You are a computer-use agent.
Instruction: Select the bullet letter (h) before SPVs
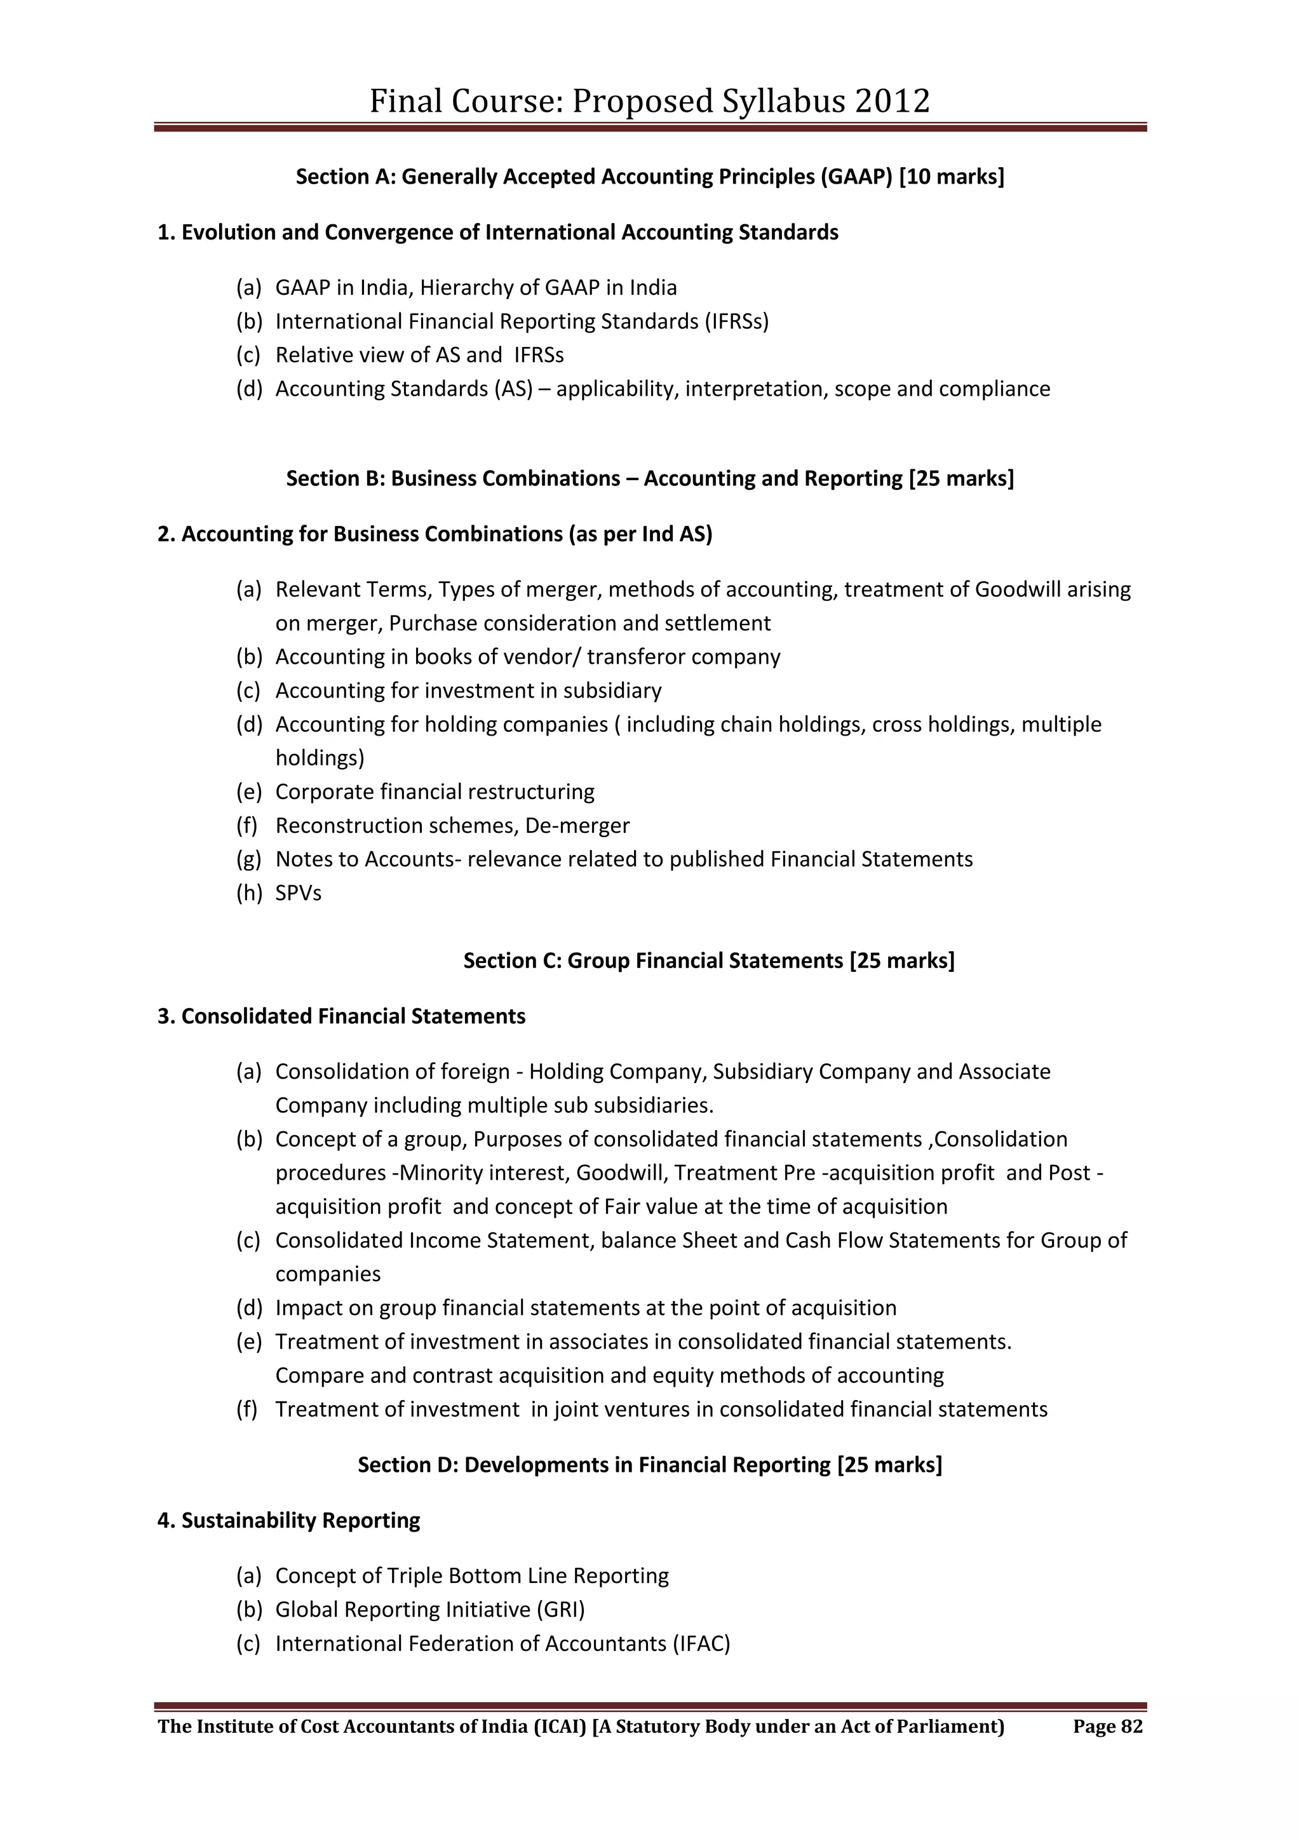tap(249, 893)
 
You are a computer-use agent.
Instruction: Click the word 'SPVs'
tap(298, 893)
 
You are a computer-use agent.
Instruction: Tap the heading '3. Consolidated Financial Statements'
tap(341, 1016)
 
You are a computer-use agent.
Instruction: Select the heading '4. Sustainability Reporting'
tap(288, 1520)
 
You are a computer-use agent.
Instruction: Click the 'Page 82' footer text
tap(1107, 1726)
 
